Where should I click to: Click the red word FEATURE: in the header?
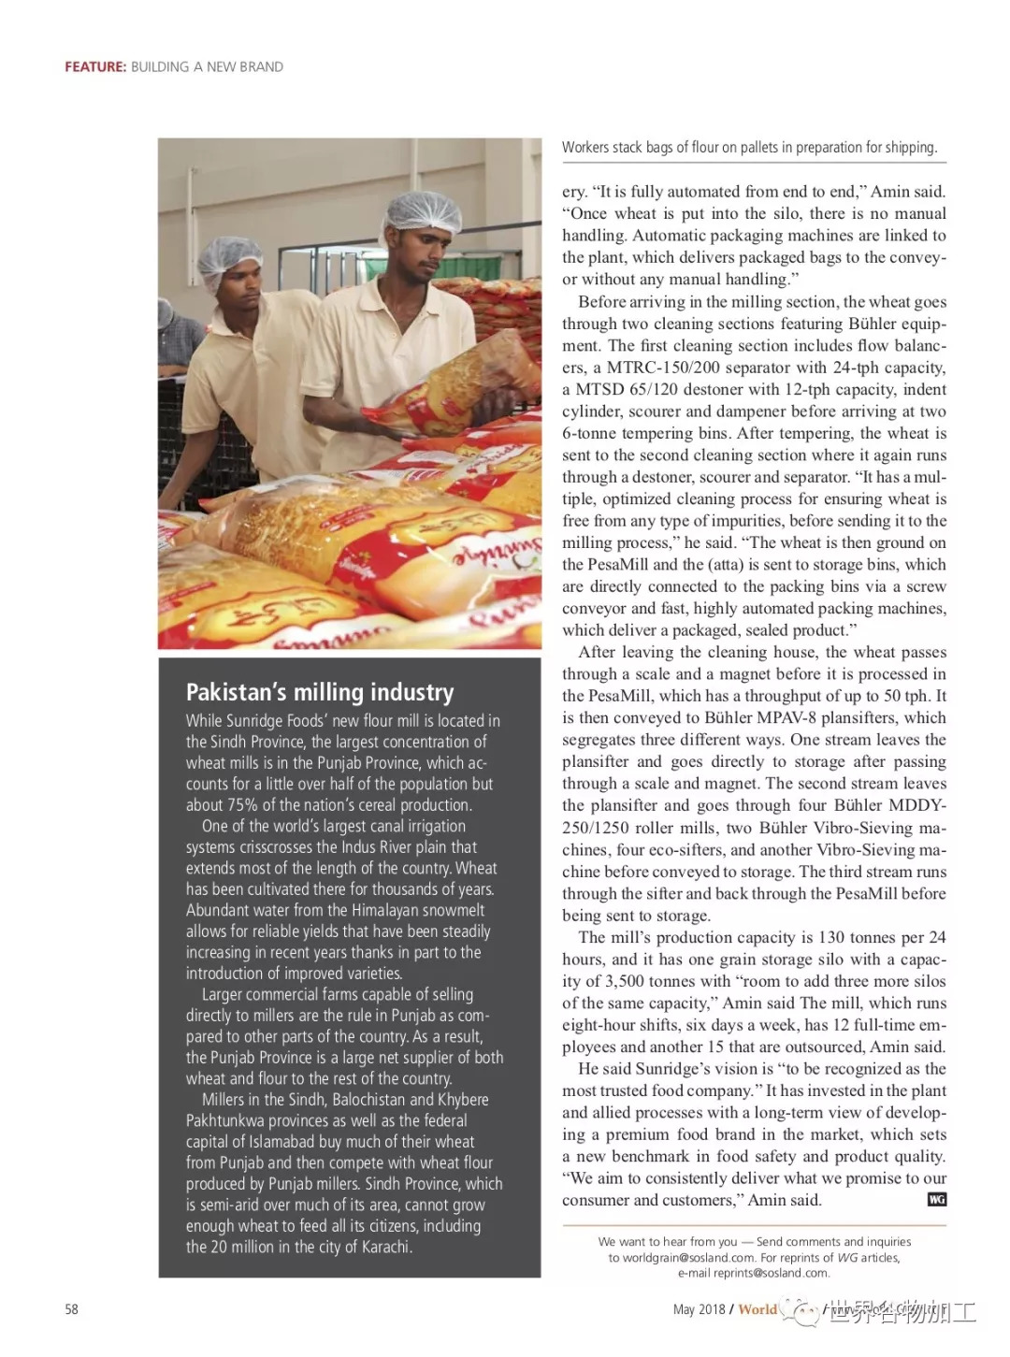click(95, 67)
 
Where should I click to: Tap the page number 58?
click(72, 1309)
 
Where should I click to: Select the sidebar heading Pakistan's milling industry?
click(320, 692)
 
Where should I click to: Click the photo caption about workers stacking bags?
click(749, 148)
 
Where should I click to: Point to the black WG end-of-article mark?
click(936, 1200)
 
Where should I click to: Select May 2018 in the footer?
click(699, 1309)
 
